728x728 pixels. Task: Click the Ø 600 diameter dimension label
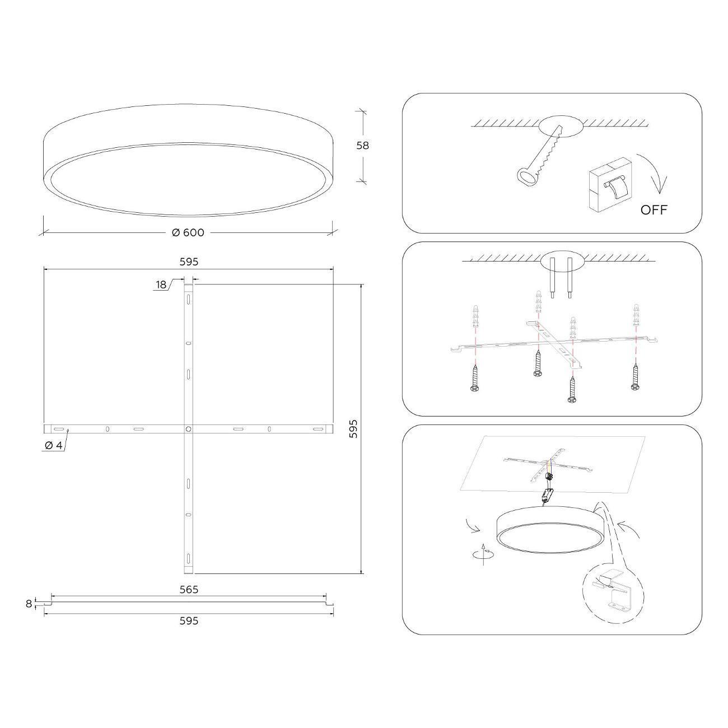(x=188, y=232)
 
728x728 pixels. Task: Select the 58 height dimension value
(x=362, y=146)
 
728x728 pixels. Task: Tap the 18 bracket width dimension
(x=161, y=284)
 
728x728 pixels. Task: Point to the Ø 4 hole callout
(x=54, y=445)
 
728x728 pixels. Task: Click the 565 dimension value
(x=189, y=589)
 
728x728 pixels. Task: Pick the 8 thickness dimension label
(x=29, y=604)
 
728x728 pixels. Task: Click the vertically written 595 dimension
(x=353, y=429)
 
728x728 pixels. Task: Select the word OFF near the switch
(x=654, y=210)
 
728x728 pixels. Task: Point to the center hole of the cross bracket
(x=189, y=429)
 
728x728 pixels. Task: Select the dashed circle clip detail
(x=613, y=595)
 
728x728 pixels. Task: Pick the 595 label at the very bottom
(x=189, y=620)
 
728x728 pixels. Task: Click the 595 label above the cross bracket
(x=189, y=262)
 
